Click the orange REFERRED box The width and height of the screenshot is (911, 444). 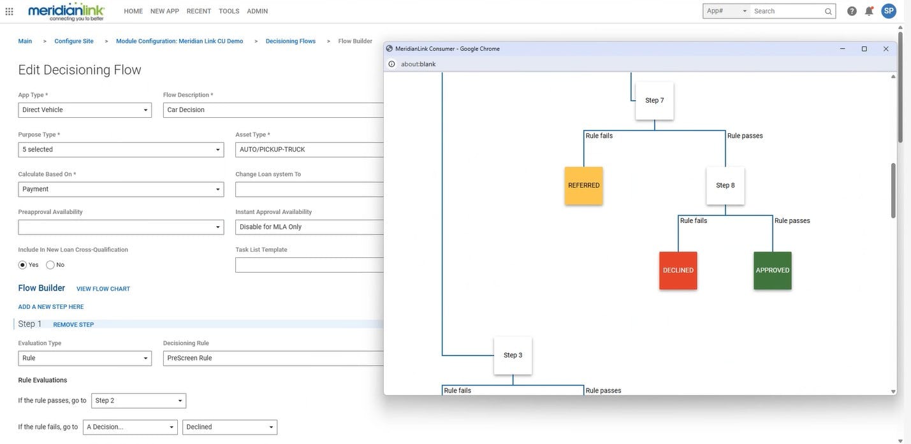pos(583,185)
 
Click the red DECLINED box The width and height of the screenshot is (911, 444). pos(678,270)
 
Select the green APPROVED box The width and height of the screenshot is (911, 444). pos(772,270)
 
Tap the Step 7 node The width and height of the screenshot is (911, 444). pos(654,101)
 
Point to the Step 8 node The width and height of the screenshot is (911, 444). pos(725,185)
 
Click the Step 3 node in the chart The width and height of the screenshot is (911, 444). pos(513,355)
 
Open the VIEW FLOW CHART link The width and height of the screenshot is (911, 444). pos(103,289)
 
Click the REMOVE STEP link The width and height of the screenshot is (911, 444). pos(73,325)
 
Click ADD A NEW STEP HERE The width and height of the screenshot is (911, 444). pos(51,307)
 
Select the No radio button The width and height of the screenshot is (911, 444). pos(50,265)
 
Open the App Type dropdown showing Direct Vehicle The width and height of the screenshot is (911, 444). pos(85,110)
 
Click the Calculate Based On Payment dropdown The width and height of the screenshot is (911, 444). pos(121,189)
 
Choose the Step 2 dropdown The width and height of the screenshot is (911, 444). pos(138,401)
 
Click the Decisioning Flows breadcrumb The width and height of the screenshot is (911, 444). pos(291,41)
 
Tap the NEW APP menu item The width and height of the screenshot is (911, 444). pos(164,11)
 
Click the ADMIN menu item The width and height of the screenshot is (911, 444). pos(258,11)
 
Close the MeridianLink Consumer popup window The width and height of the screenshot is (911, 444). pos(885,49)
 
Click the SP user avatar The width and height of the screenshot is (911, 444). pos(889,11)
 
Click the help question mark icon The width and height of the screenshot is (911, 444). pos(852,11)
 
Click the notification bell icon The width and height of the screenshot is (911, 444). pos(869,11)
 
